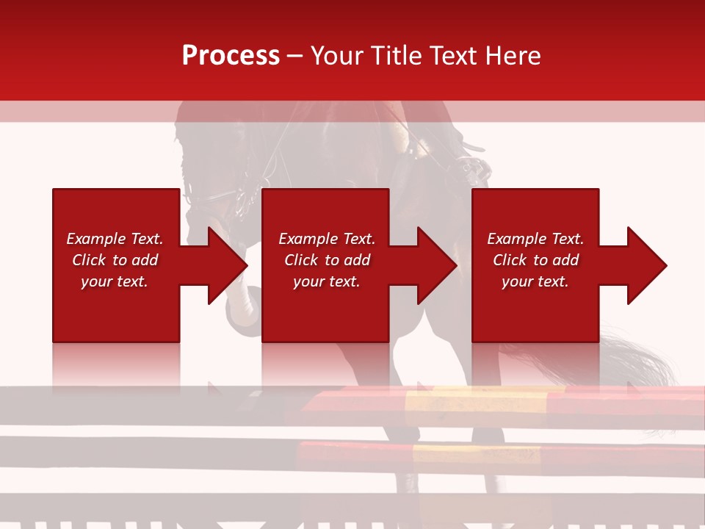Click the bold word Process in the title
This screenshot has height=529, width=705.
point(231,56)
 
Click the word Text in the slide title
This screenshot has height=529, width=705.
point(452,56)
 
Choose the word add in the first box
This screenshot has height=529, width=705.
point(145,260)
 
